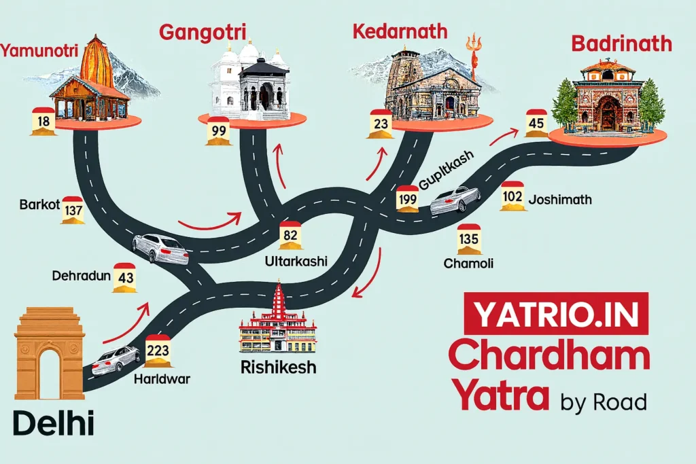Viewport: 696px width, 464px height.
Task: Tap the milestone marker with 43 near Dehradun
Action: click(x=125, y=278)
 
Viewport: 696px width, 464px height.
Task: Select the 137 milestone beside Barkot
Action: click(x=73, y=210)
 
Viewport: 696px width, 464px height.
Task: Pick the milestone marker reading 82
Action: click(x=290, y=236)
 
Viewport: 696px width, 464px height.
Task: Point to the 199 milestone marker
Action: click(x=408, y=199)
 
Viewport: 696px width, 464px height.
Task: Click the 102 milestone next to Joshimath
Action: click(x=512, y=197)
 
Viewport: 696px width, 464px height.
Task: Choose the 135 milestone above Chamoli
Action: click(x=469, y=239)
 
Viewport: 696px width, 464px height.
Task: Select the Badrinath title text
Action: click(x=621, y=44)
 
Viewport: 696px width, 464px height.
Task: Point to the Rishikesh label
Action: click(x=278, y=368)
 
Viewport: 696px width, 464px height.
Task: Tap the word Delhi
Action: click(x=53, y=425)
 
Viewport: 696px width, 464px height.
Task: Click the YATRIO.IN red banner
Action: click(x=556, y=315)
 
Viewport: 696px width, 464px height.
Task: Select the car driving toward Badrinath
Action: click(x=455, y=199)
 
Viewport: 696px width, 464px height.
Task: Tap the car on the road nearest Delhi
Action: click(x=116, y=360)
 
